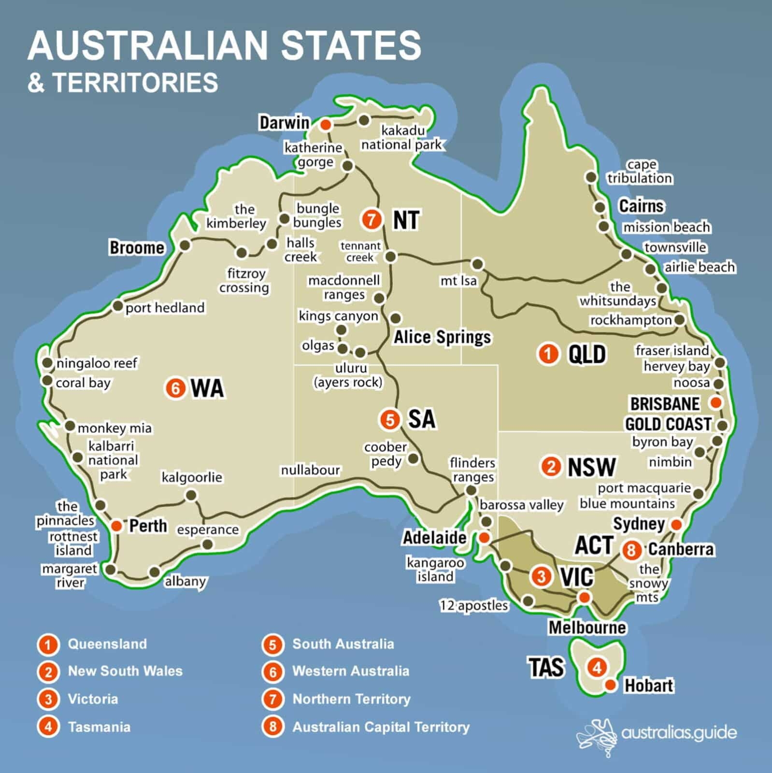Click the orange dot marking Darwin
(326, 125)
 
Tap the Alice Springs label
(442, 337)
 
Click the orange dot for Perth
(116, 526)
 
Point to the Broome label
(137, 247)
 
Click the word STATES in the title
(351, 45)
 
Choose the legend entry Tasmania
(99, 727)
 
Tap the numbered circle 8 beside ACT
(631, 550)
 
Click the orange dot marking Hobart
(611, 685)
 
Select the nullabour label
(310, 470)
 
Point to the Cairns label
(641, 206)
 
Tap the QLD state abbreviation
(586, 354)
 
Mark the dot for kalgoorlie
(191, 495)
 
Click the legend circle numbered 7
(272, 699)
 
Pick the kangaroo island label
(435, 570)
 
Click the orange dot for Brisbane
(716, 402)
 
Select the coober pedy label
(386, 454)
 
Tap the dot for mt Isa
(477, 264)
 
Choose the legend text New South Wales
(125, 671)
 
